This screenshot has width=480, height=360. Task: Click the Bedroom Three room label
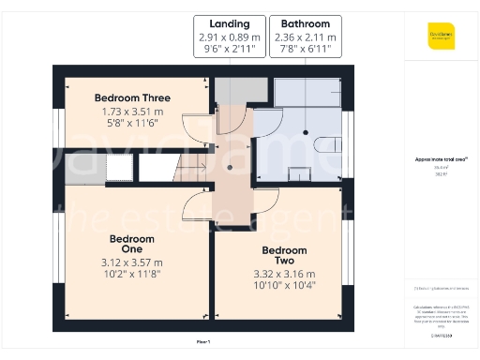tap(131, 97)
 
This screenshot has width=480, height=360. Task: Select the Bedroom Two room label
tap(284, 256)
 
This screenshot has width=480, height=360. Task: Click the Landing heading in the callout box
tap(229, 23)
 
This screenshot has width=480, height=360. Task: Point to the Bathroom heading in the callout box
tap(304, 23)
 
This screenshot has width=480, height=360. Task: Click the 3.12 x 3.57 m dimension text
tap(131, 262)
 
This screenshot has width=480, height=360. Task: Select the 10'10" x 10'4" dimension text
tap(284, 284)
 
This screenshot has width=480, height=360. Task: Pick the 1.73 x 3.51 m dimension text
tap(131, 112)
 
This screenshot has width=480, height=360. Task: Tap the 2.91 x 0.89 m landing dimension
tap(229, 37)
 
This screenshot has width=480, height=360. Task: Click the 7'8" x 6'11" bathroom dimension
tap(304, 50)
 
